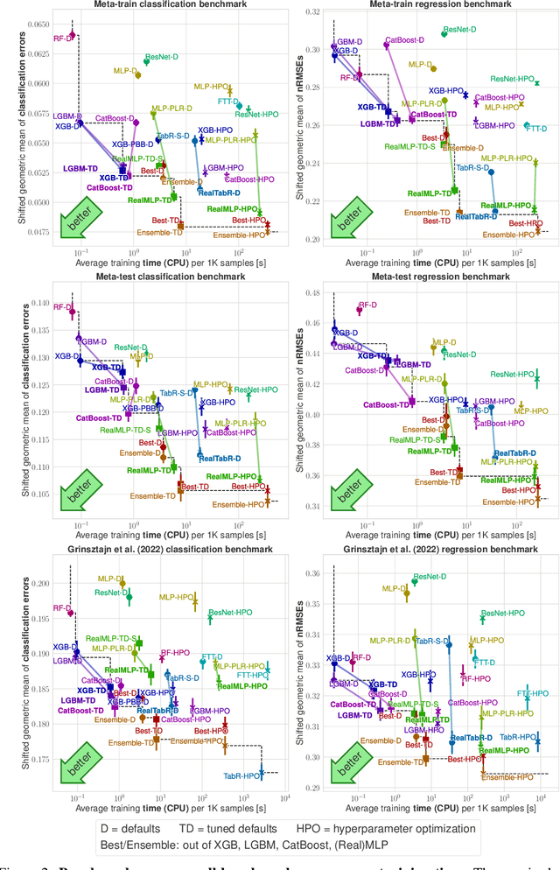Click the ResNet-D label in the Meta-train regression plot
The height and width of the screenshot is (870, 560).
click(459, 30)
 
